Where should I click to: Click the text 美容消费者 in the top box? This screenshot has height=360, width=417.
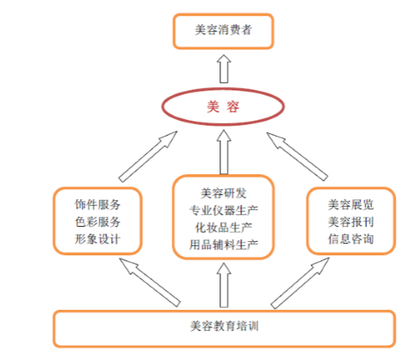tap(224, 30)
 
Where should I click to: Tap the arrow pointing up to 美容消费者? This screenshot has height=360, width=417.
tap(224, 69)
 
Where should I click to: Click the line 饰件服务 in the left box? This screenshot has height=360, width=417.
tap(97, 204)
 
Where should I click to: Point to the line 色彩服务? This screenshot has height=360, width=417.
tap(97, 222)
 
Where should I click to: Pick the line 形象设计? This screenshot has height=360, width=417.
tap(97, 239)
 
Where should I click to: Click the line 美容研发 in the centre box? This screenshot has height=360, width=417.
tap(224, 193)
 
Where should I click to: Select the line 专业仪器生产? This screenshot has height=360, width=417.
tap(224, 210)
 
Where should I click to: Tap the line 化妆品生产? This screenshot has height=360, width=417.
tap(224, 228)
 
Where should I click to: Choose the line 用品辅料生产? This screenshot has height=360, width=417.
tap(224, 245)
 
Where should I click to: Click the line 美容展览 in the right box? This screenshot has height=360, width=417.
tap(351, 204)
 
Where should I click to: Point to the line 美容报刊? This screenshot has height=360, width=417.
tap(351, 222)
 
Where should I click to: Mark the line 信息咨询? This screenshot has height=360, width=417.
tap(351, 239)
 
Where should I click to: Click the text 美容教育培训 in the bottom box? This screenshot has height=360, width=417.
tap(224, 326)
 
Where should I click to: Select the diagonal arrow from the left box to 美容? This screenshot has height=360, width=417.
tap(148, 157)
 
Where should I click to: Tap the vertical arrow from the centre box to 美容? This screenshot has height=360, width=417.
tap(224, 152)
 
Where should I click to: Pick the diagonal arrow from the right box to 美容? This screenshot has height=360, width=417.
tap(297, 157)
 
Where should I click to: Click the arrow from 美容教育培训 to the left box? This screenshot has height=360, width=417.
tap(150, 282)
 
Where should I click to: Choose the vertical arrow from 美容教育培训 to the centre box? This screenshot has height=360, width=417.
tap(224, 285)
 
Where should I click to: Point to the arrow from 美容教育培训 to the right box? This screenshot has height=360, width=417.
tap(300, 283)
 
